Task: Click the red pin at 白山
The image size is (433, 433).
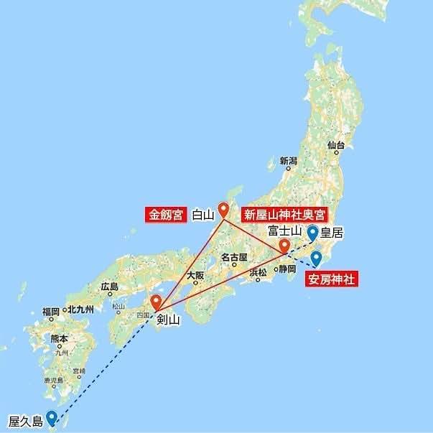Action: [x=223, y=210]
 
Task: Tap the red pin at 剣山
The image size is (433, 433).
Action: [x=156, y=302]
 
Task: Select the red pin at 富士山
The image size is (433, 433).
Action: [x=285, y=246]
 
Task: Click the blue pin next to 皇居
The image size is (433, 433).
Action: [x=312, y=233]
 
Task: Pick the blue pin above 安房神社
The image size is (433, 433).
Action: [x=316, y=258]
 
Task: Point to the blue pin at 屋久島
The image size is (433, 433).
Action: [x=52, y=417]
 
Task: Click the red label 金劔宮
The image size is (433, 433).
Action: [x=167, y=214]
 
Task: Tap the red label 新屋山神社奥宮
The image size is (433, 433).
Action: [x=285, y=215]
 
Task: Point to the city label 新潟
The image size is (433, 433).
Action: [x=289, y=161]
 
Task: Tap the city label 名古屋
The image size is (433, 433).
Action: [x=234, y=257]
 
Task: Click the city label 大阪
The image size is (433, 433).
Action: [x=195, y=275]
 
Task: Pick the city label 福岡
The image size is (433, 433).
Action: [x=50, y=311]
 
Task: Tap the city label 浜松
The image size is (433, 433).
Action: [x=257, y=271]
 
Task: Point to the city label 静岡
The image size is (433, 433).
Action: [x=287, y=269]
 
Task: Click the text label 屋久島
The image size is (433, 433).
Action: [x=25, y=418]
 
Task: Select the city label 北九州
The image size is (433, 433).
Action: [x=80, y=310]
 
